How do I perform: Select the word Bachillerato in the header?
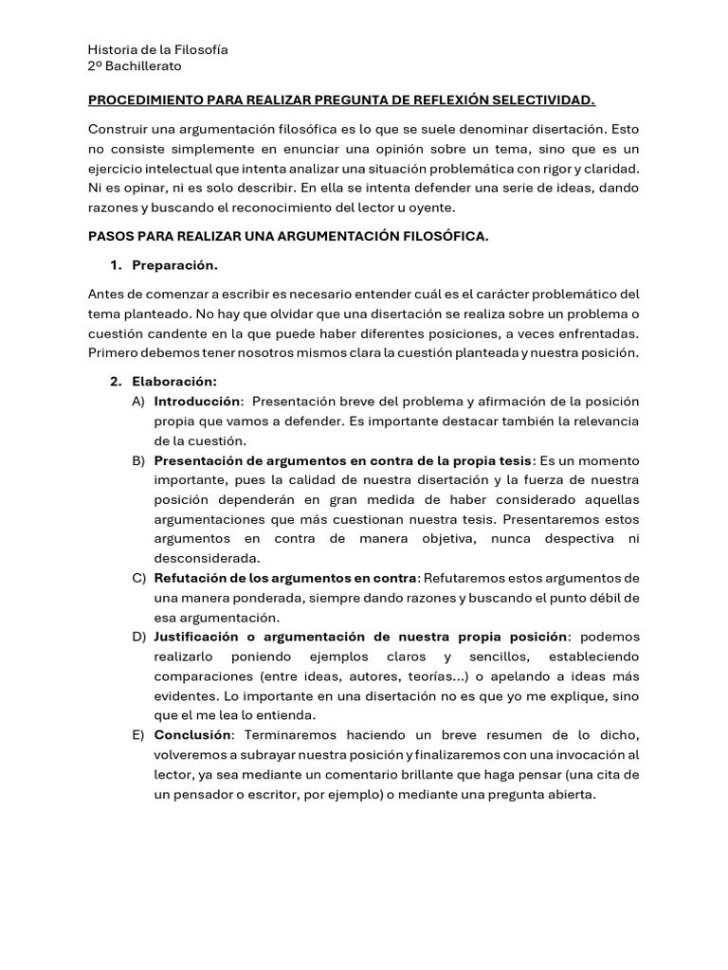click(x=143, y=66)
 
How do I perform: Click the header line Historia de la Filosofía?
click(x=157, y=49)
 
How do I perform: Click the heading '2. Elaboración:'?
click(x=174, y=382)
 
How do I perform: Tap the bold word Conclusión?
click(x=192, y=735)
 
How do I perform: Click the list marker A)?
click(x=138, y=402)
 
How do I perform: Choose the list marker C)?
click(x=138, y=578)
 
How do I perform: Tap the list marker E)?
click(x=138, y=735)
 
